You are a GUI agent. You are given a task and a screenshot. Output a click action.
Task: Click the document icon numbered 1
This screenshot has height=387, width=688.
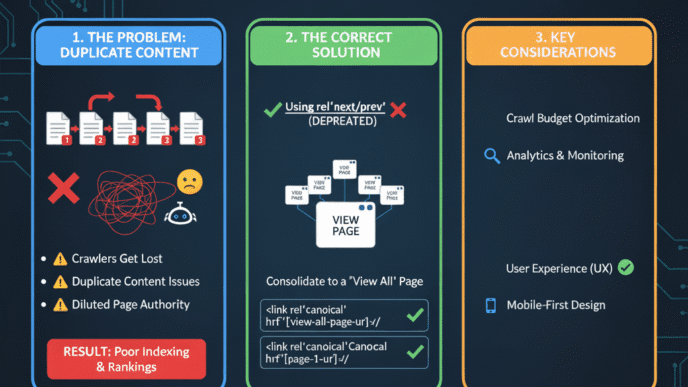pos(59,128)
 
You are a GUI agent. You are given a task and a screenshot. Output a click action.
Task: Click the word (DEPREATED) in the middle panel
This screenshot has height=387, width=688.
pos(342,122)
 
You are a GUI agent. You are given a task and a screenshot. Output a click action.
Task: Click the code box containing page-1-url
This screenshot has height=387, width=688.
pos(330,353)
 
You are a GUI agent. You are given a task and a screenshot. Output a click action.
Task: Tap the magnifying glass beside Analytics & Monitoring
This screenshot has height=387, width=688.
pos(491,156)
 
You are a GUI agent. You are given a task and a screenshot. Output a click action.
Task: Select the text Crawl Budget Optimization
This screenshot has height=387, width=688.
pos(573,119)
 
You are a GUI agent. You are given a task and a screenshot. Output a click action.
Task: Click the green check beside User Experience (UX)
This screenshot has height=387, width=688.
pos(626,267)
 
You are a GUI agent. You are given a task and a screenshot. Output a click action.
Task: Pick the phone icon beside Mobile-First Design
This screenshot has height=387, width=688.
pos(491,305)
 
